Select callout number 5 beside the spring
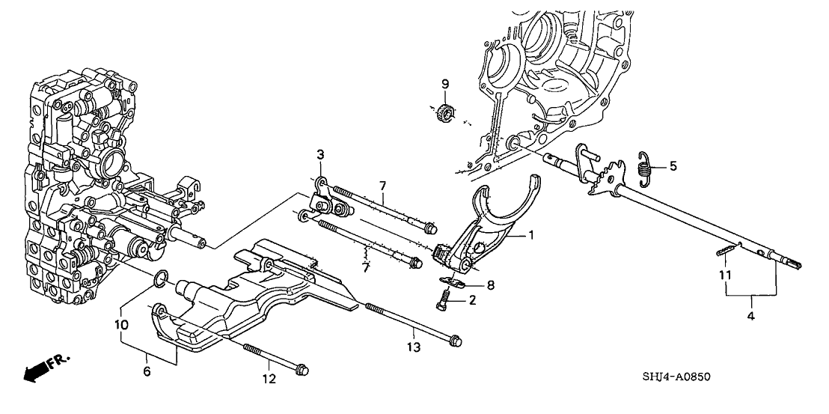pyautogui.click(x=672, y=166)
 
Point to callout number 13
pyautogui.click(x=414, y=347)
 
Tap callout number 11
pyautogui.click(x=724, y=276)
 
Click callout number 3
pyautogui.click(x=319, y=154)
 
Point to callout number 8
pyautogui.click(x=489, y=284)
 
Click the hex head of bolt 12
pyautogui.click(x=302, y=369)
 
